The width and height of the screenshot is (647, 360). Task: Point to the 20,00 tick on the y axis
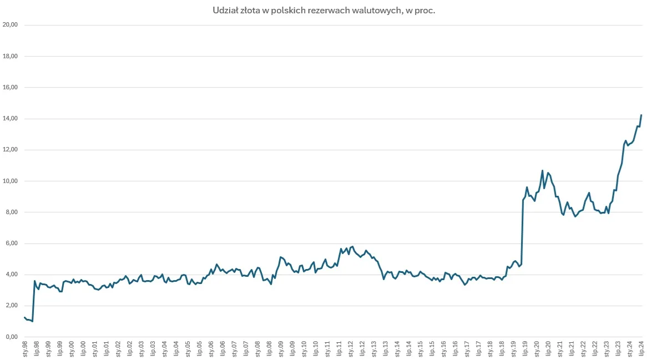(11, 25)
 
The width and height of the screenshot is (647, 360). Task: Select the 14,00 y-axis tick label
(11, 119)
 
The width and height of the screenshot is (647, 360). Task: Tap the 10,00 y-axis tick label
(11, 181)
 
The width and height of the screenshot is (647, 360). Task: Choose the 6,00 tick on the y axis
(12, 244)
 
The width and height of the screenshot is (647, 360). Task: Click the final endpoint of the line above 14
(641, 115)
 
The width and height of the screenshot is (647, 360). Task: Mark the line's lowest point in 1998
(33, 321)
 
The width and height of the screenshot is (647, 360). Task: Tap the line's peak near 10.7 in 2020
(542, 170)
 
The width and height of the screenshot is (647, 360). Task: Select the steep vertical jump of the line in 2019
(522, 233)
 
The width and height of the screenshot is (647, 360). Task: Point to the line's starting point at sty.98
(24, 317)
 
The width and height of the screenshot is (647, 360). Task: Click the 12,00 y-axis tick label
(11, 150)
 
